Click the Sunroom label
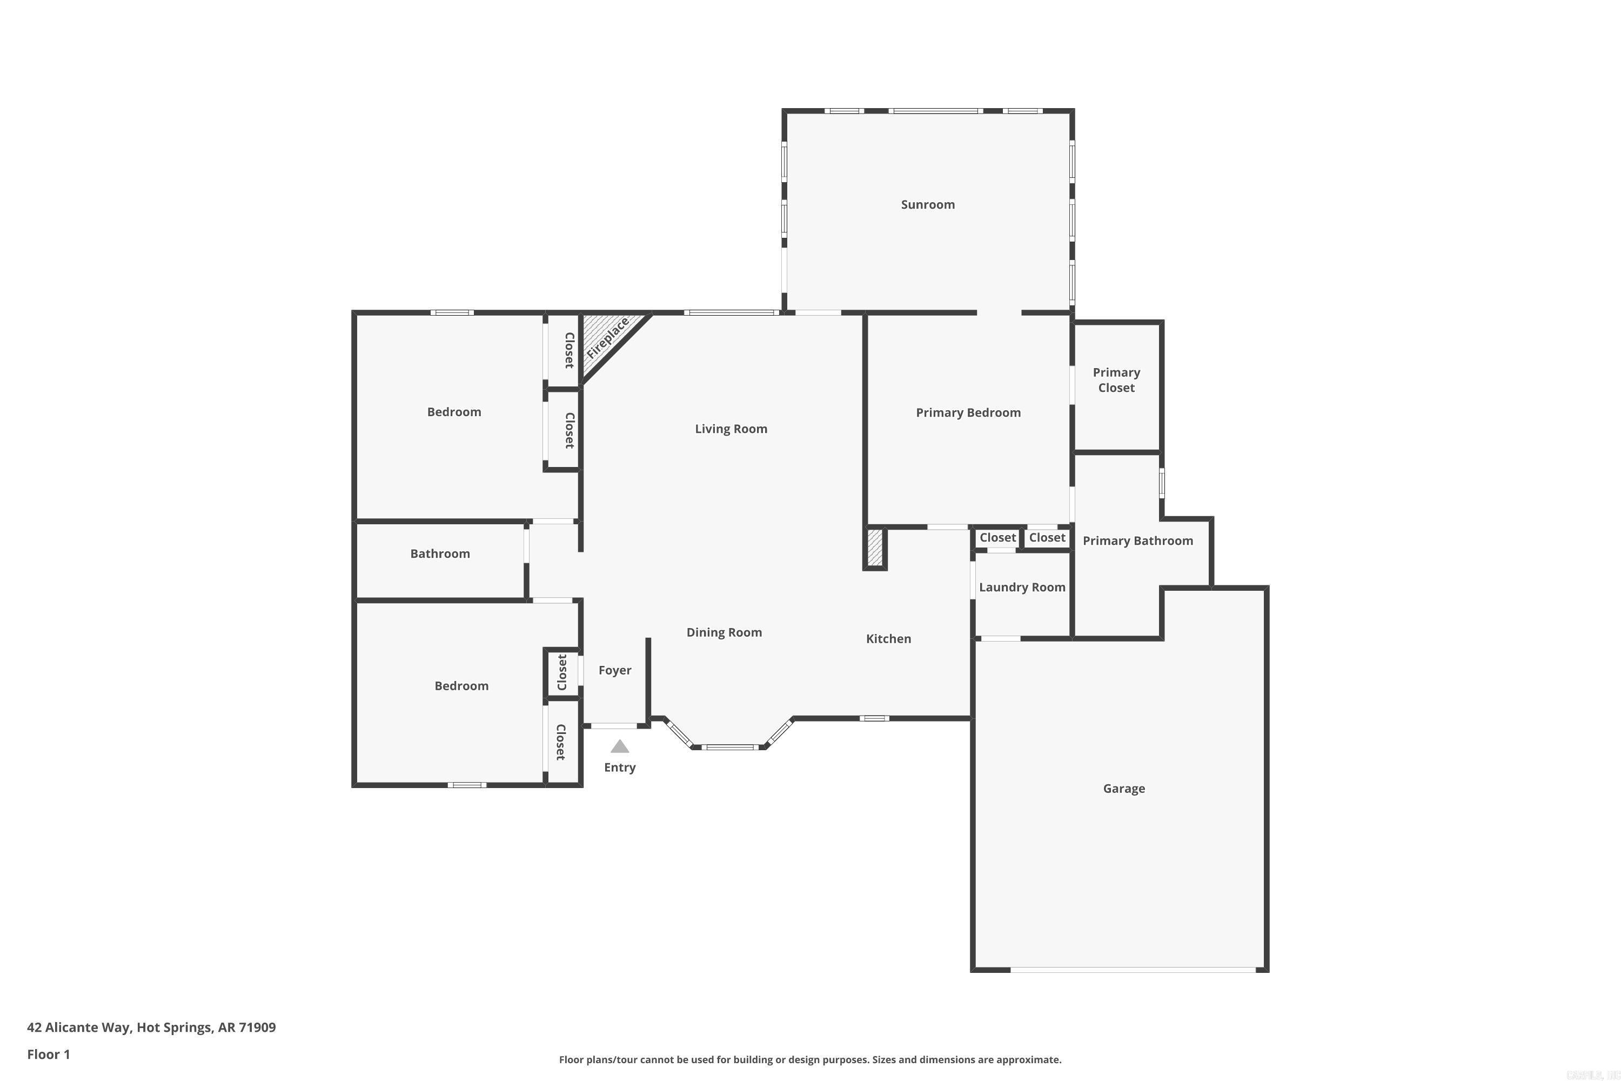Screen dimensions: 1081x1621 click(x=928, y=205)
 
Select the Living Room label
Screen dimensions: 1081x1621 click(x=731, y=429)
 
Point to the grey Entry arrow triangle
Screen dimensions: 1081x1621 click(x=620, y=746)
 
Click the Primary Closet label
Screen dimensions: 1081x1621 click(x=1116, y=380)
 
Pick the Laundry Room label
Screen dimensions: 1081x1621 click(x=1021, y=588)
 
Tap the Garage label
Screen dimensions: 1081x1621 click(x=1123, y=789)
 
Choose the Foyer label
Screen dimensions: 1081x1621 click(x=615, y=670)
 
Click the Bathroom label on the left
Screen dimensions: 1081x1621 click(x=440, y=553)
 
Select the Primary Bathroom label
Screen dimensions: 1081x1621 click(x=1137, y=541)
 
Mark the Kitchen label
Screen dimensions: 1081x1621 click(x=888, y=639)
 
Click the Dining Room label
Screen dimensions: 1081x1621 click(x=724, y=633)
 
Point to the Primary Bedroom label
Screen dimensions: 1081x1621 click(x=968, y=413)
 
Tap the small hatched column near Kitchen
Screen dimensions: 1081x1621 click(x=875, y=548)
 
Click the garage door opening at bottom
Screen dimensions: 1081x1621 click(x=1133, y=969)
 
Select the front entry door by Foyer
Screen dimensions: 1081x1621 click(x=613, y=725)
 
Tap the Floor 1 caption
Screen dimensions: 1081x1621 click(x=48, y=1054)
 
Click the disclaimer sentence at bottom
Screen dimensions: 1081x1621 click(x=810, y=1059)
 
